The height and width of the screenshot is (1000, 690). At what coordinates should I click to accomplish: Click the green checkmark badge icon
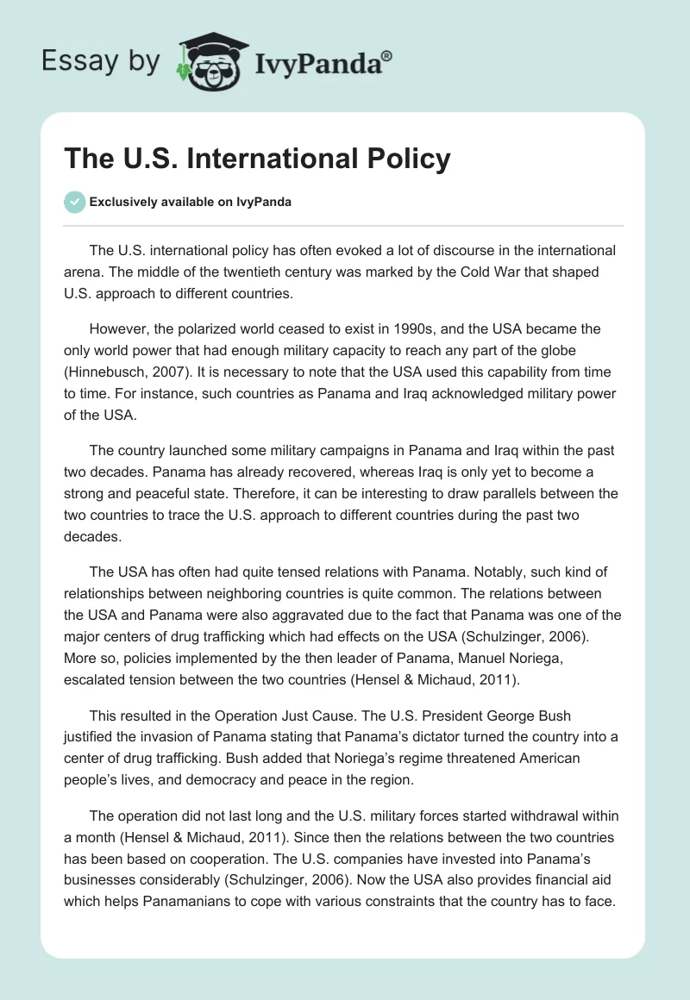pyautogui.click(x=73, y=203)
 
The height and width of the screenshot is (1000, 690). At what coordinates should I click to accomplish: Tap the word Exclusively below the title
pyautogui.click(x=123, y=203)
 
